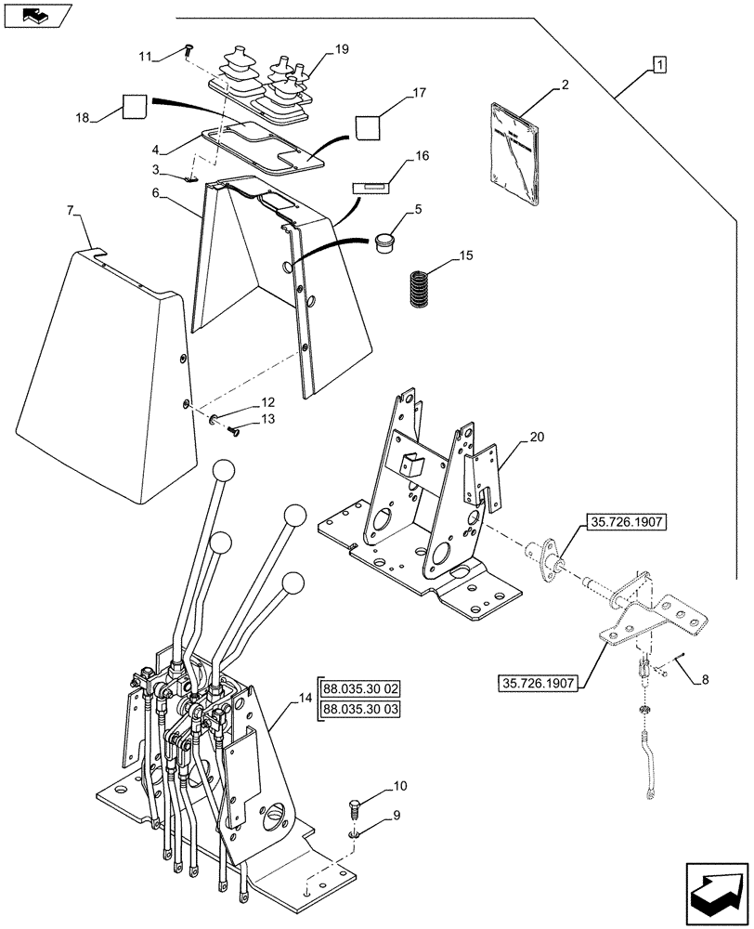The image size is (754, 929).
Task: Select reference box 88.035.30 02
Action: point(360,689)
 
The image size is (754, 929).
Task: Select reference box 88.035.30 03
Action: point(360,710)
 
